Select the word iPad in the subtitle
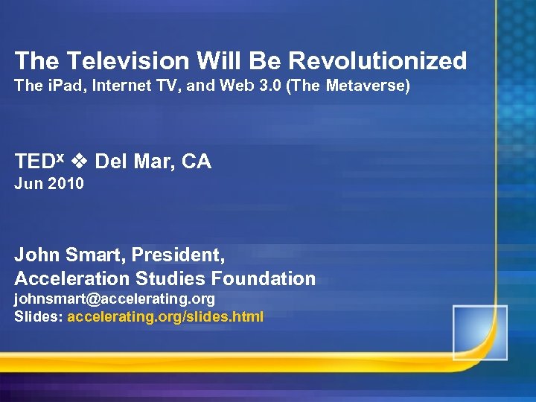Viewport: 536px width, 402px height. coord(65,86)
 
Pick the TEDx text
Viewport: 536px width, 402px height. coord(41,162)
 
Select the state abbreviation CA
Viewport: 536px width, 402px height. coord(197,162)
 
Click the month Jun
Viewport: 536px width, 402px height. coord(28,183)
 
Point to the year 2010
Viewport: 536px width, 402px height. coord(66,183)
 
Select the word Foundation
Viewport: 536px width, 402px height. coord(264,278)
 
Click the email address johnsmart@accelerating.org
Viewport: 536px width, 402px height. coord(115,299)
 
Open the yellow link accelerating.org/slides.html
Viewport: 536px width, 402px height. coord(165,316)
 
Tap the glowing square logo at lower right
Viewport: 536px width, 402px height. coord(479,332)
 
